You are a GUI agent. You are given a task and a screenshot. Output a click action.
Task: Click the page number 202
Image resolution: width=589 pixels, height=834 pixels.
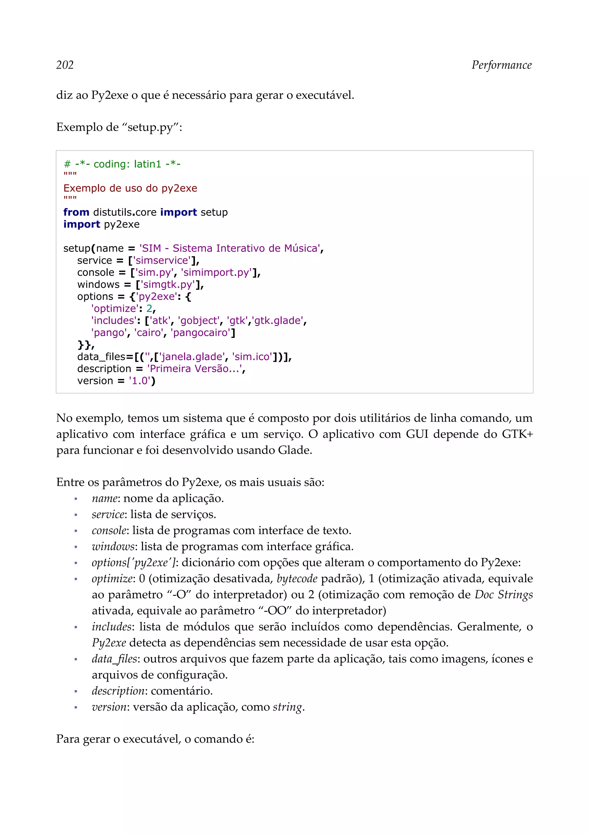point(65,65)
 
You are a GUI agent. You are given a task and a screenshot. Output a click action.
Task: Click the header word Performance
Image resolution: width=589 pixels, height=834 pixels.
point(501,65)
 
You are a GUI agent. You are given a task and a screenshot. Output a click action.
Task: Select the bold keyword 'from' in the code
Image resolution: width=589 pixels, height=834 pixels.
point(76,212)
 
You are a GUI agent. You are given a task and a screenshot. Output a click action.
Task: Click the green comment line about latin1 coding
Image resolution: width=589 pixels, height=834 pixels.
point(122,164)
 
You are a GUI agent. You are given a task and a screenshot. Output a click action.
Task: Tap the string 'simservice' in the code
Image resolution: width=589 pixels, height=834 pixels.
point(162,260)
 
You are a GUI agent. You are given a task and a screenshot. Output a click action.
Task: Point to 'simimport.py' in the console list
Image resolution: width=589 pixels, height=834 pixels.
point(217,273)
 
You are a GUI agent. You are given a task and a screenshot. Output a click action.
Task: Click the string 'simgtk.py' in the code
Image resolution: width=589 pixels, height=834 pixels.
point(169,284)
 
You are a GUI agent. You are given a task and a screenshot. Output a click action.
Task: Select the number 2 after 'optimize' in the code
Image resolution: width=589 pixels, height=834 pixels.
point(149,309)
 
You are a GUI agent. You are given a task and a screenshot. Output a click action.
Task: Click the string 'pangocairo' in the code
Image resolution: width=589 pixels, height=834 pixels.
point(201,333)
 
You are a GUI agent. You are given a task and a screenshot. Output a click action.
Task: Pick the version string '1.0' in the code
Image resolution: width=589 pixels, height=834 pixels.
point(139,381)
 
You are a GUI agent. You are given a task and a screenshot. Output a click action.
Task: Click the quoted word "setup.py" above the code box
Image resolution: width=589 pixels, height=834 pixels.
point(150,127)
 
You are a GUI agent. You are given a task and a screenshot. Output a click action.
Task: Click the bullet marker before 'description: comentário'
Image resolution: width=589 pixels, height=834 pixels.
point(76,691)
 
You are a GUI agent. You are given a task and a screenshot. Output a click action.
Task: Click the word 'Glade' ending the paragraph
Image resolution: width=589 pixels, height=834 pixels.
point(294,450)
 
